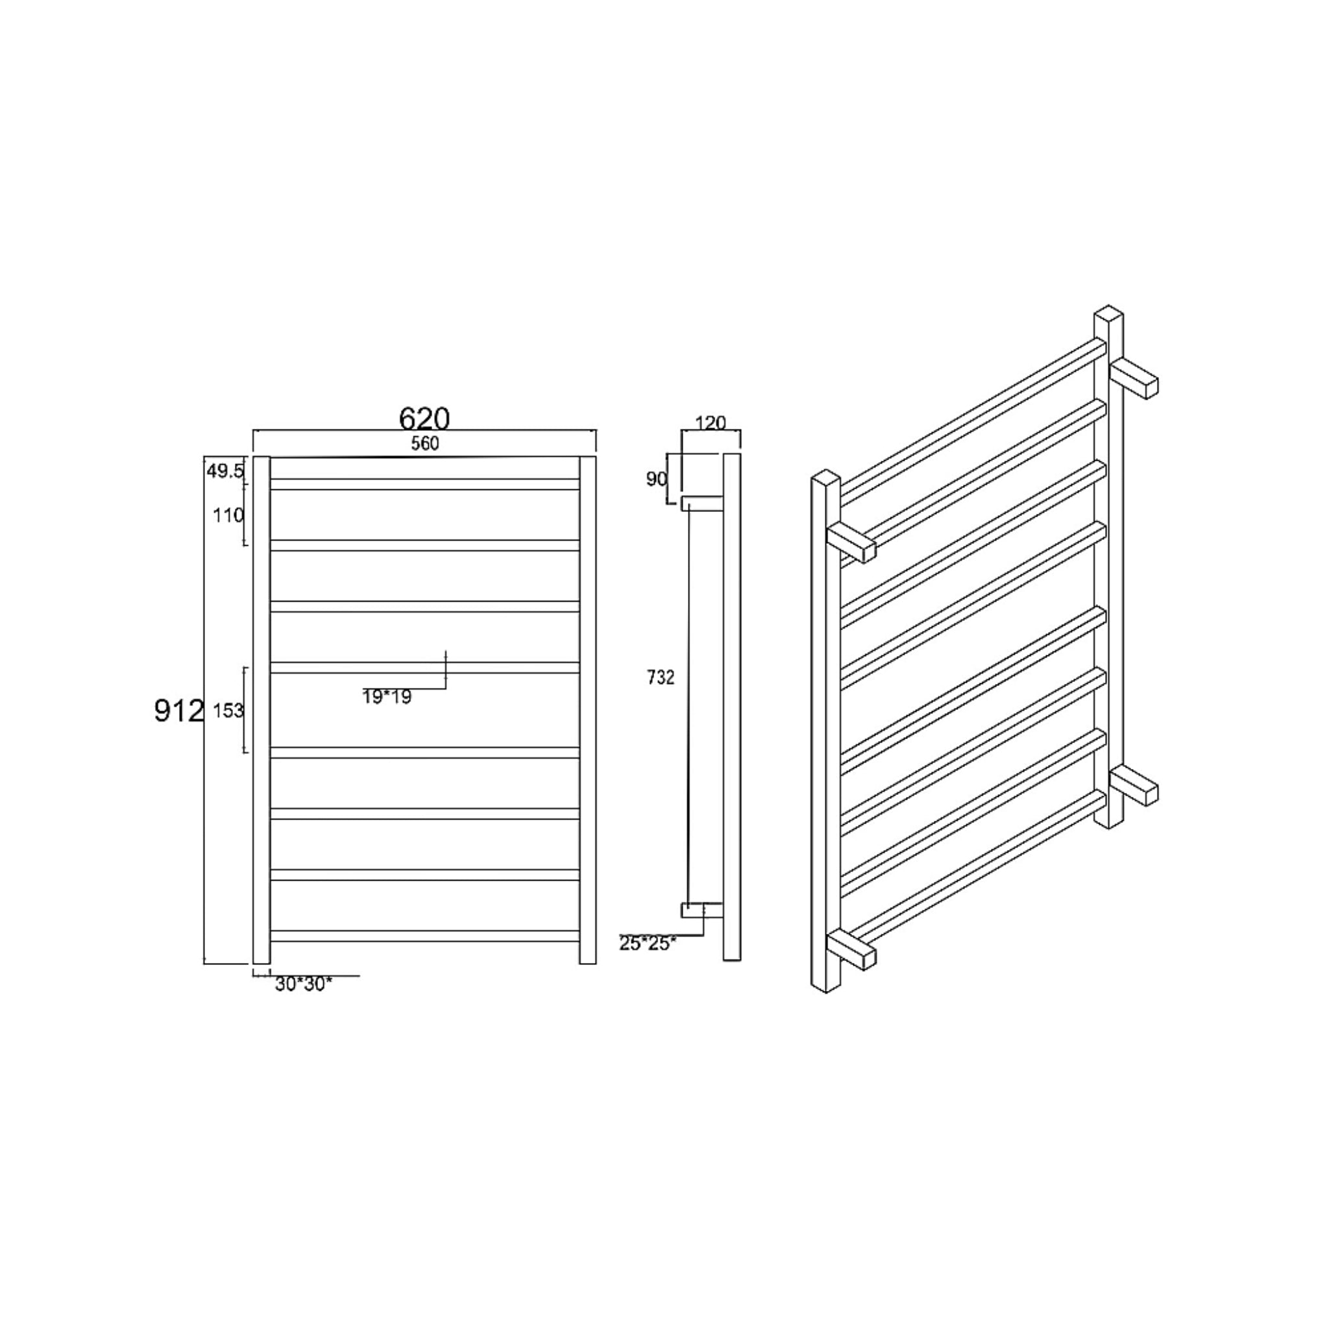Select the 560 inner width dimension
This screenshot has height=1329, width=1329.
(424, 444)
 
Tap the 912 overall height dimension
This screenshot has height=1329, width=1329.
(179, 711)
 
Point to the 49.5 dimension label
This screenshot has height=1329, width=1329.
(225, 471)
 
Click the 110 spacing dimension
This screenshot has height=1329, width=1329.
(228, 515)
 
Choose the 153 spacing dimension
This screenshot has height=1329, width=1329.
(228, 710)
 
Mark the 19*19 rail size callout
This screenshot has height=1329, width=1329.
(387, 698)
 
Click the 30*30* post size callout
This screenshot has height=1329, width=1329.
(303, 984)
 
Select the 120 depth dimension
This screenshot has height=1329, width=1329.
(711, 422)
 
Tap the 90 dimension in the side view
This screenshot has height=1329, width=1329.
(656, 479)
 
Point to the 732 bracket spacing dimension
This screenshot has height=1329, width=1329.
(661, 677)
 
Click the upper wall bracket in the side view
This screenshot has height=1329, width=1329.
(701, 504)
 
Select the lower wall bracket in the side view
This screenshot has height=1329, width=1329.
(701, 910)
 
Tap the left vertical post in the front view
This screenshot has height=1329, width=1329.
(261, 709)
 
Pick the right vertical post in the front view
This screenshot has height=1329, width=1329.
(587, 709)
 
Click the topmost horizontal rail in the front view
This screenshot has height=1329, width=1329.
(424, 484)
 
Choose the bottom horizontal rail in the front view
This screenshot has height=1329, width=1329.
(424, 936)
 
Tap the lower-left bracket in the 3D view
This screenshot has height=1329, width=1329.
(851, 951)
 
